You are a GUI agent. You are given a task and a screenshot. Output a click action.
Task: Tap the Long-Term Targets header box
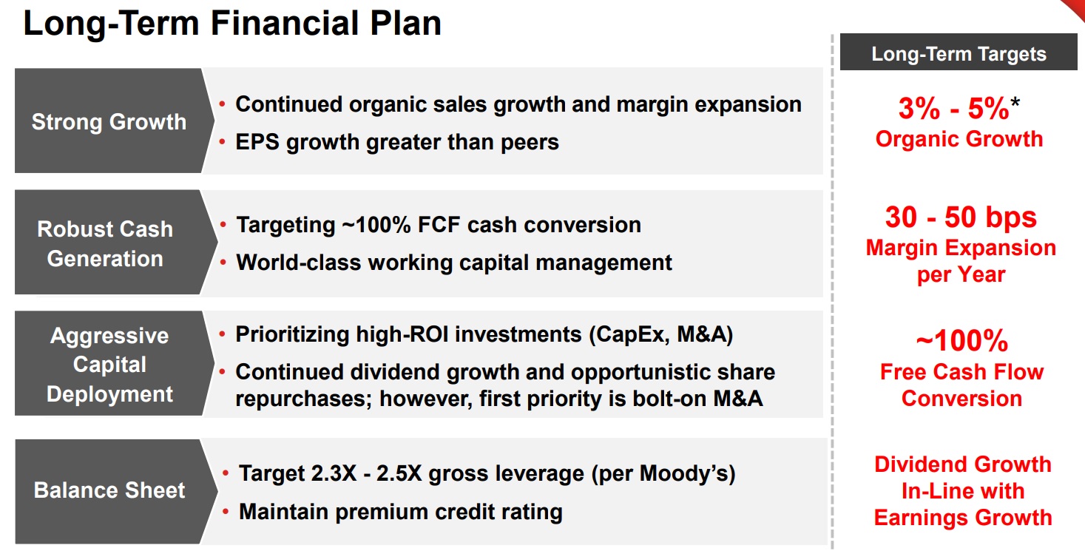coord(959,52)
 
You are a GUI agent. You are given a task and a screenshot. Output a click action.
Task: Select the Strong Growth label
coord(109,122)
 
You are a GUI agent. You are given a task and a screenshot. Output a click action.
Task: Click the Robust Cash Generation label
coord(105,243)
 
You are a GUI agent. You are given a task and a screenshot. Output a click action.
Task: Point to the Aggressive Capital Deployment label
coord(109,365)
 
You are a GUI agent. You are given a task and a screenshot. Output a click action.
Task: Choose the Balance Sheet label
coord(109,490)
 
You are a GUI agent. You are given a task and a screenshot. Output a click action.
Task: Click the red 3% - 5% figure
coord(954,108)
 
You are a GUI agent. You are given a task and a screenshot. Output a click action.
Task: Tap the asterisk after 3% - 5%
coord(1015,102)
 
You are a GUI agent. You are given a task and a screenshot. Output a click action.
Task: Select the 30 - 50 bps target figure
coord(961,217)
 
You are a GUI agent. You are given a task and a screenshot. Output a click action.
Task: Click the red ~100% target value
coord(962,340)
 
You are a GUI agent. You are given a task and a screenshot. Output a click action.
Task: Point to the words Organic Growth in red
coord(959,139)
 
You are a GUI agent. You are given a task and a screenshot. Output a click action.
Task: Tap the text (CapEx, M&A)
coord(661,334)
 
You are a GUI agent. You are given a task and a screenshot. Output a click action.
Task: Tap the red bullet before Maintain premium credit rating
coord(226,512)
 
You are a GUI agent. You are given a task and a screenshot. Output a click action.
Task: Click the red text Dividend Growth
coord(963,464)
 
